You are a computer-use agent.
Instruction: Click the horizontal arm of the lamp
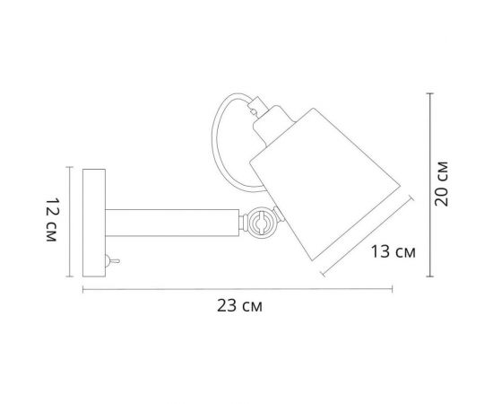(x=170, y=221)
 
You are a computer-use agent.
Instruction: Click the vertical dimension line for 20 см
(x=430, y=185)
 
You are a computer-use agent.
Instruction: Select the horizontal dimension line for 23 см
(x=238, y=289)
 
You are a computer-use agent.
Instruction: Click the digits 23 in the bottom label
(x=229, y=305)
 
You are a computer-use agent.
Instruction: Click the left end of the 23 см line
(x=83, y=289)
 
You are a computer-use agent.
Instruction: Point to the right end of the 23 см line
(x=393, y=289)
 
